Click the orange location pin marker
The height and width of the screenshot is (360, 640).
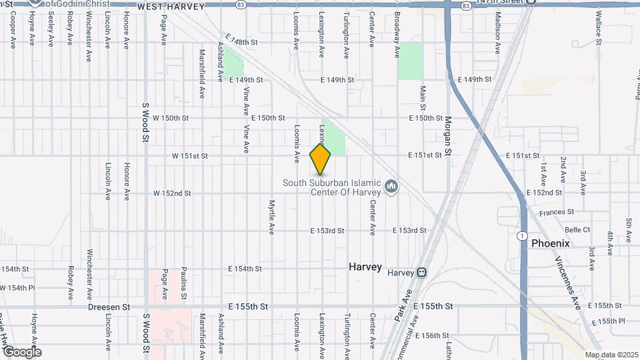[321, 158]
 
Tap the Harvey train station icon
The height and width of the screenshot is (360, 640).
[421, 273]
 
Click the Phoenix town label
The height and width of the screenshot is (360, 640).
[550, 243]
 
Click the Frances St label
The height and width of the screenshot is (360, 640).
[557, 212]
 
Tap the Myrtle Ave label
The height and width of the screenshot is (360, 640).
[272, 218]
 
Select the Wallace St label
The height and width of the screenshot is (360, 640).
[599, 27]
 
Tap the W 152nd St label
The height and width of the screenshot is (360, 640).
[172, 193]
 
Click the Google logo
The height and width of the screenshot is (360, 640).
[21, 352]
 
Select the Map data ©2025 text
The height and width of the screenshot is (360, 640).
[611, 355]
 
